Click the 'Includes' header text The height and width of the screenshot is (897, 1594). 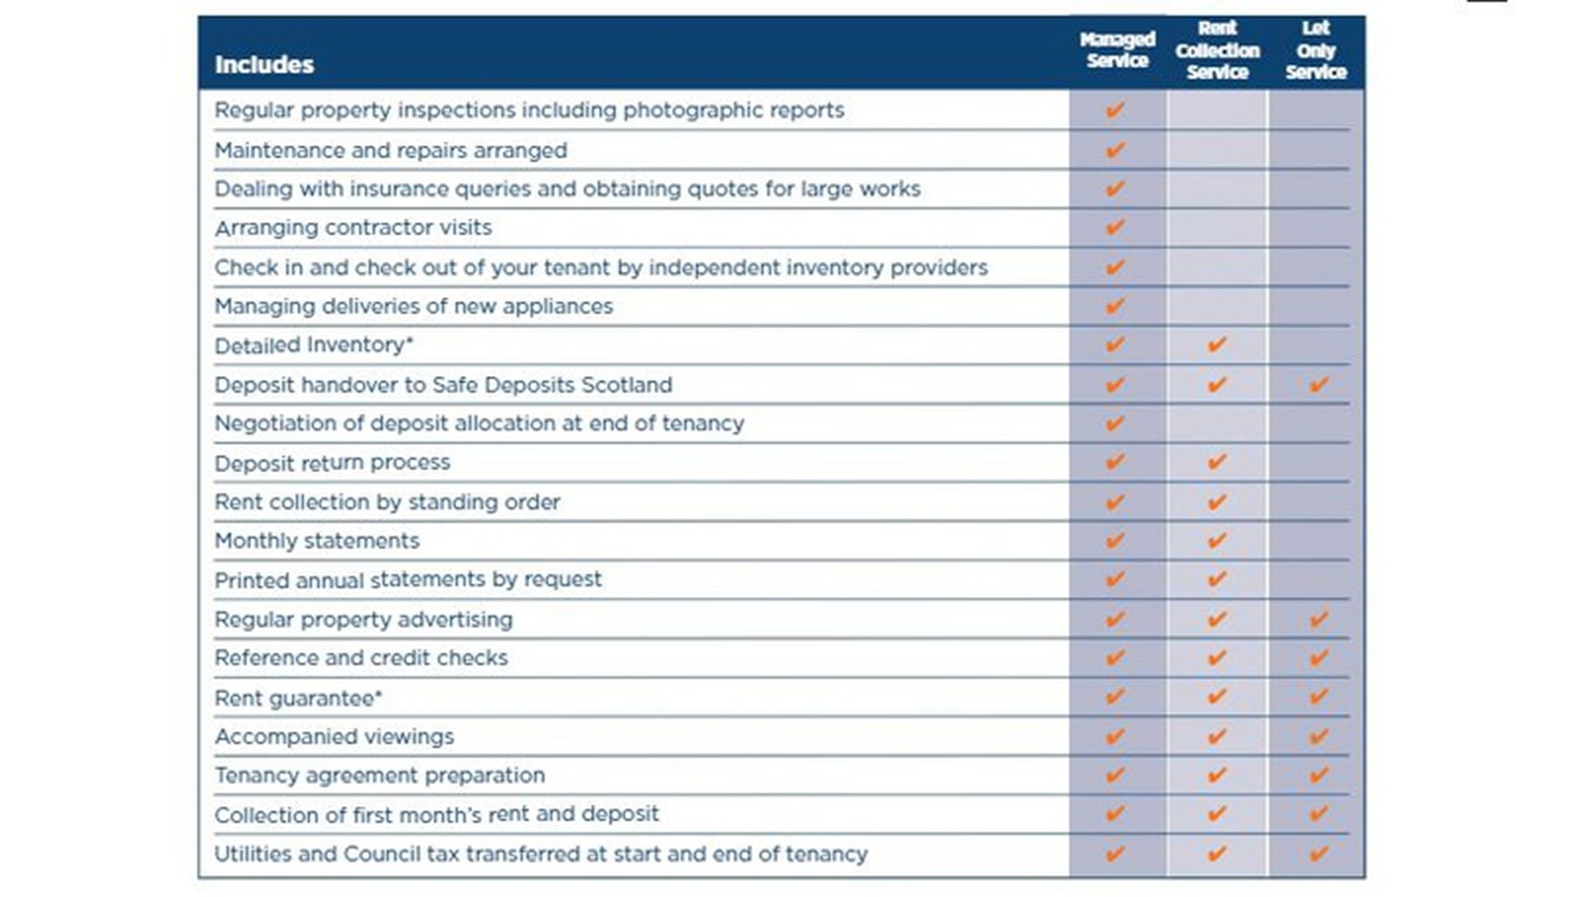click(264, 64)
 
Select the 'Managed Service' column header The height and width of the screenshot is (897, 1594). click(1117, 49)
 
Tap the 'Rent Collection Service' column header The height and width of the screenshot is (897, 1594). click(1217, 50)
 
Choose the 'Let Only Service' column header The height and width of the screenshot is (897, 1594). click(1316, 50)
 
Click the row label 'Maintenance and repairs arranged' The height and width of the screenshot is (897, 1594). click(390, 150)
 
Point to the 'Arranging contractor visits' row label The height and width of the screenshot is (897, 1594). click(353, 228)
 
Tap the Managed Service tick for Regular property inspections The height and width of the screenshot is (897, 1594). click(1115, 110)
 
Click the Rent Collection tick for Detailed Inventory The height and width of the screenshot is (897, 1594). click(1217, 344)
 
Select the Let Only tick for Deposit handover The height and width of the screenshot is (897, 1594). click(1318, 385)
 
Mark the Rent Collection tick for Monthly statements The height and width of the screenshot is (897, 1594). click(1217, 540)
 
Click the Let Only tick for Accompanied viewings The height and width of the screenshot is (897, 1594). click(1318, 736)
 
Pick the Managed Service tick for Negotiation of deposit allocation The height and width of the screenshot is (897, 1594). click(1115, 423)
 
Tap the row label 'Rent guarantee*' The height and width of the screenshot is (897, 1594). click(298, 699)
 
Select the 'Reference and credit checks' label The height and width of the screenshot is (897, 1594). click(361, 658)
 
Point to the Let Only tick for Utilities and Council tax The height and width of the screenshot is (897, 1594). click(1318, 853)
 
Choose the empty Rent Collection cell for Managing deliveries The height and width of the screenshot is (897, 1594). click(1217, 305)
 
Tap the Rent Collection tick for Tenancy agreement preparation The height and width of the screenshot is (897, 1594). click(1217, 775)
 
